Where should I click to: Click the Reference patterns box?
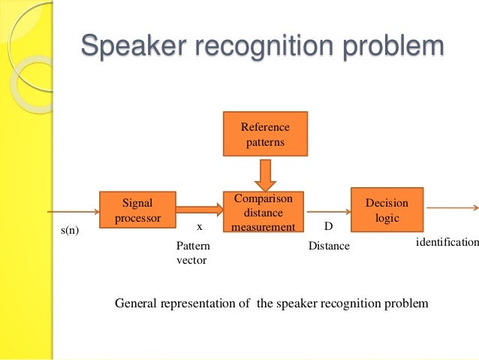[264, 135]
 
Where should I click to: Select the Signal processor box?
[137, 210]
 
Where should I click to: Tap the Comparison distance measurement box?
[264, 212]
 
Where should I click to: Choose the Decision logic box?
[387, 210]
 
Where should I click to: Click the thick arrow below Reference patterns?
[264, 174]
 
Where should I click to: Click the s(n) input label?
[69, 231]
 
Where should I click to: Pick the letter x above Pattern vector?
[200, 225]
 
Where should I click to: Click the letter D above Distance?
[327, 225]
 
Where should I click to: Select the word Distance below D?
[329, 246]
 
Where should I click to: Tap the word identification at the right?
[447, 242]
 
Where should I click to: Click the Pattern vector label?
[192, 253]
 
